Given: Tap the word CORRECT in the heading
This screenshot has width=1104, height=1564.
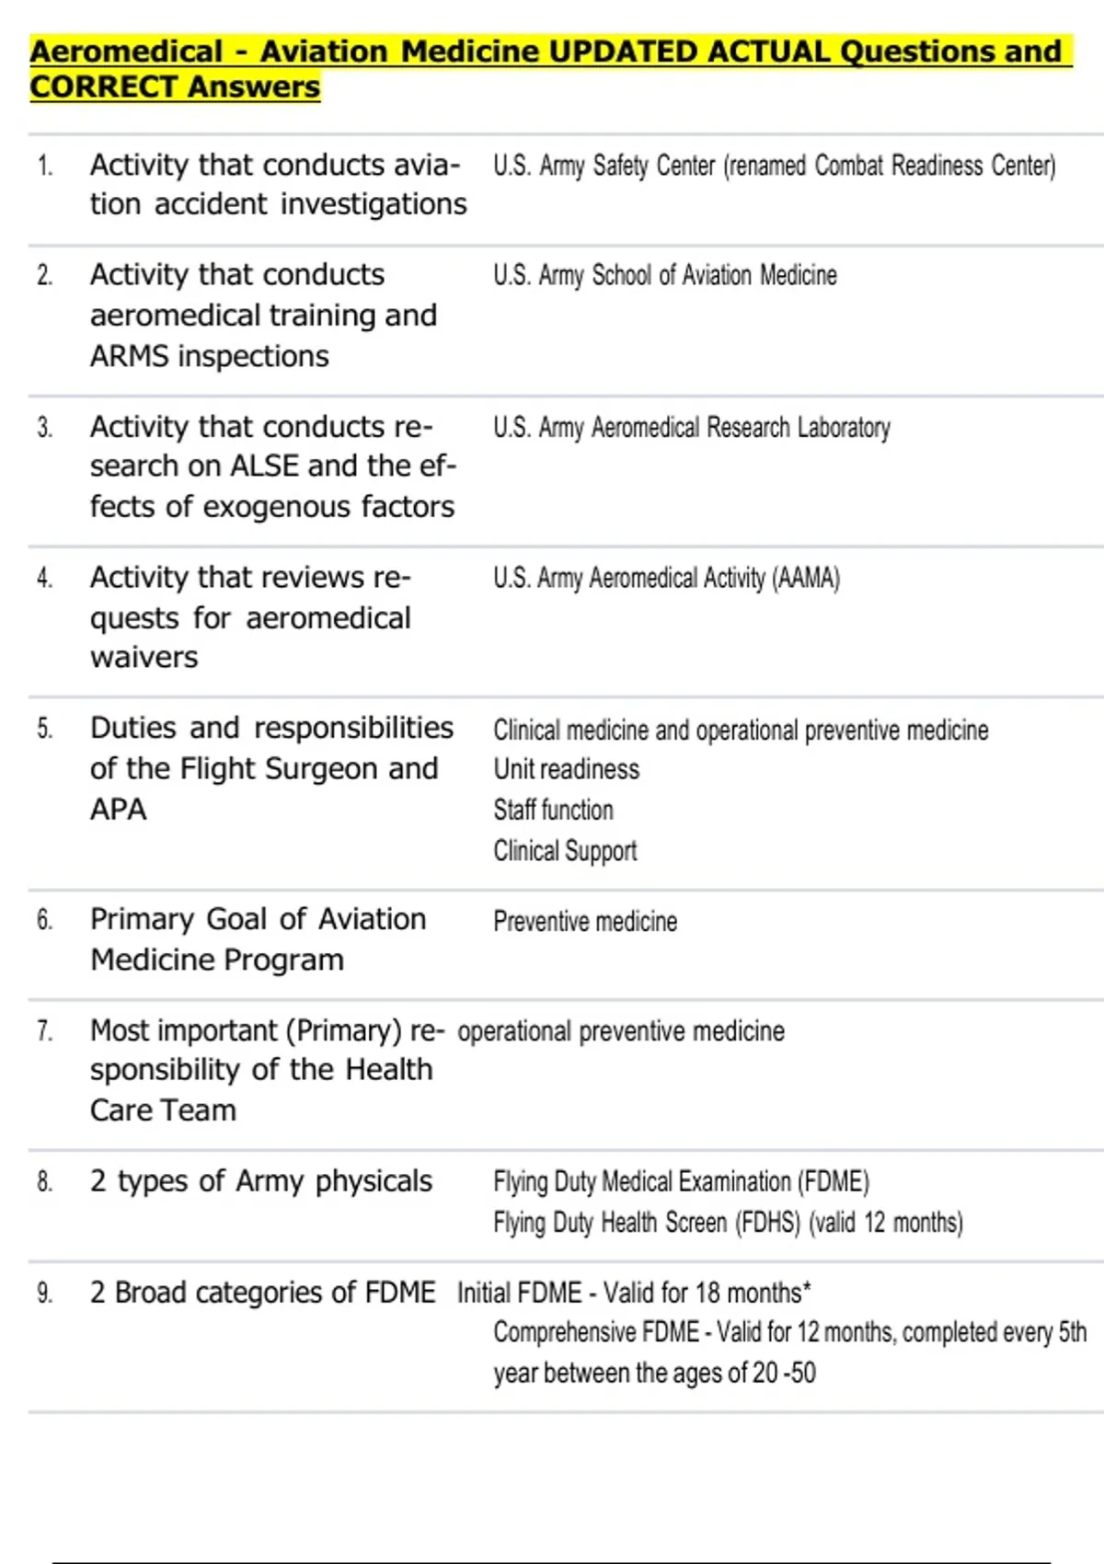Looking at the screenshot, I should point(102,86).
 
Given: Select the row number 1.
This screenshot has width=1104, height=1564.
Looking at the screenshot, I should point(45,167).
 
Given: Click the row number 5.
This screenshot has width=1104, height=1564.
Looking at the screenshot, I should point(45,730).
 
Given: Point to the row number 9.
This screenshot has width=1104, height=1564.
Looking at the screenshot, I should point(45,1294).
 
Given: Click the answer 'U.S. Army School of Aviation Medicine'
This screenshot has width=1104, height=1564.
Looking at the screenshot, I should point(665,275).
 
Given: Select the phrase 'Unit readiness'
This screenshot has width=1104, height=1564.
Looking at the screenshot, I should point(566,769).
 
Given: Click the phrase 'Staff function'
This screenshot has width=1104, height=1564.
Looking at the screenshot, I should point(553,810).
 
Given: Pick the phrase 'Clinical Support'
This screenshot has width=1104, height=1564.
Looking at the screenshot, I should point(565,851).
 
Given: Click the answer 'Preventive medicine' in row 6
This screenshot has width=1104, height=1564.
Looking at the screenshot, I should point(585,921).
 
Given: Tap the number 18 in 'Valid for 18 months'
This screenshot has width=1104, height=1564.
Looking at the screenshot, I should point(707,1293).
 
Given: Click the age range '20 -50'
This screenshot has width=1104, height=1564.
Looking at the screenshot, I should point(784,1373).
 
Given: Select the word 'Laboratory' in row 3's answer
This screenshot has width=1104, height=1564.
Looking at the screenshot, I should point(844,428).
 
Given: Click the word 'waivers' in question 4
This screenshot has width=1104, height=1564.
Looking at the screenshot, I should point(144,658).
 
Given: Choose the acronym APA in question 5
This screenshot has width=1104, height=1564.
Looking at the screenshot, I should point(118,810).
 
